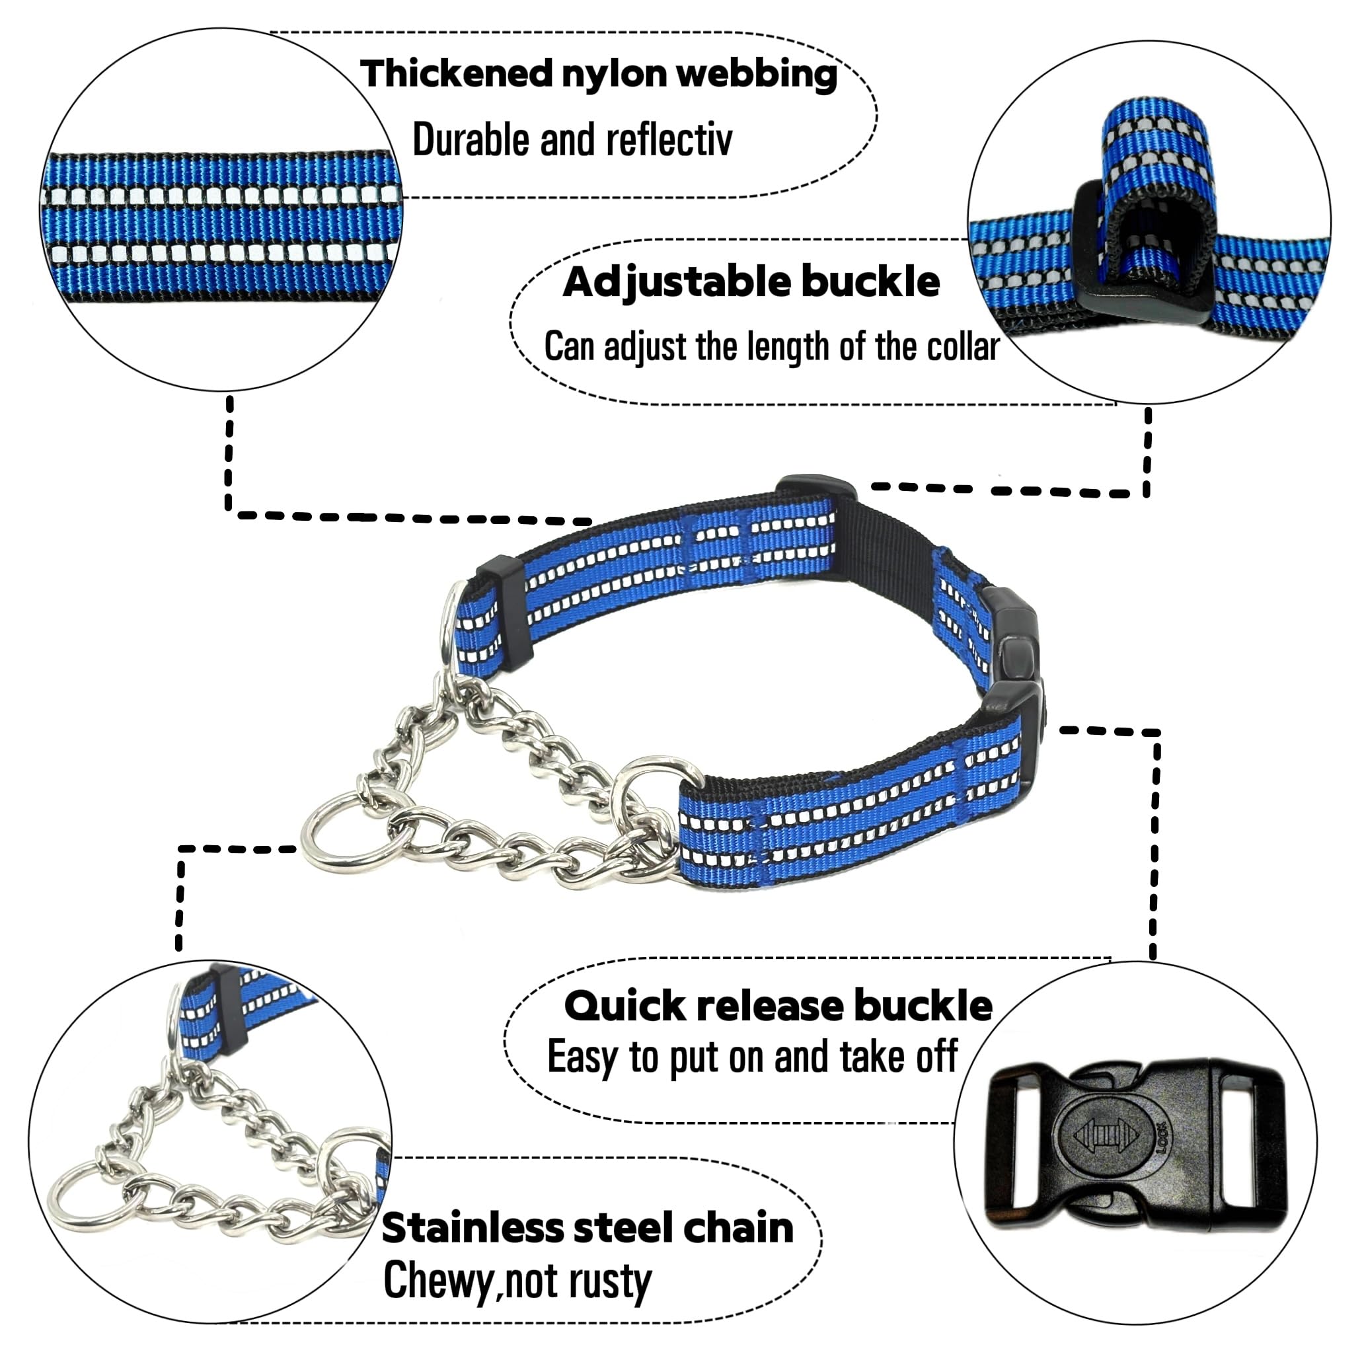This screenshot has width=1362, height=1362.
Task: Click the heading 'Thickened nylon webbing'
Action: click(599, 75)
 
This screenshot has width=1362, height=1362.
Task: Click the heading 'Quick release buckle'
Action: click(778, 1006)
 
